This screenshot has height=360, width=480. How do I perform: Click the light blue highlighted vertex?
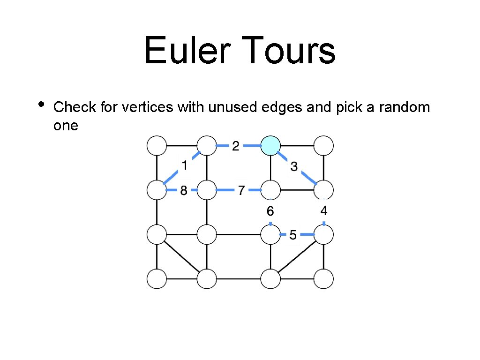(270, 145)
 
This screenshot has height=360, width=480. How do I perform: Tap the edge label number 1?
(185, 165)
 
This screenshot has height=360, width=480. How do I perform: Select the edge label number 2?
(235, 146)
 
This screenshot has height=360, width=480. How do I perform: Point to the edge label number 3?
(294, 166)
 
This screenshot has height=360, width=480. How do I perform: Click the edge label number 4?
(324, 210)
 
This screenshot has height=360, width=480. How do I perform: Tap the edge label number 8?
(183, 190)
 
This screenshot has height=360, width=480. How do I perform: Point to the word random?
(405, 107)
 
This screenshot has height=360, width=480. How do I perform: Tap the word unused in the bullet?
(231, 107)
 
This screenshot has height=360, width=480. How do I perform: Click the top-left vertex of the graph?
(157, 145)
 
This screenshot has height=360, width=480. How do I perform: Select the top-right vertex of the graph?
(324, 145)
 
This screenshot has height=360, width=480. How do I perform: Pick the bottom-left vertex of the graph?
(157, 279)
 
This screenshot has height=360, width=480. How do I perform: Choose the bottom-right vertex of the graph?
(324, 279)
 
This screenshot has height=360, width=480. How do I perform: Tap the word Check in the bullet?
(75, 107)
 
